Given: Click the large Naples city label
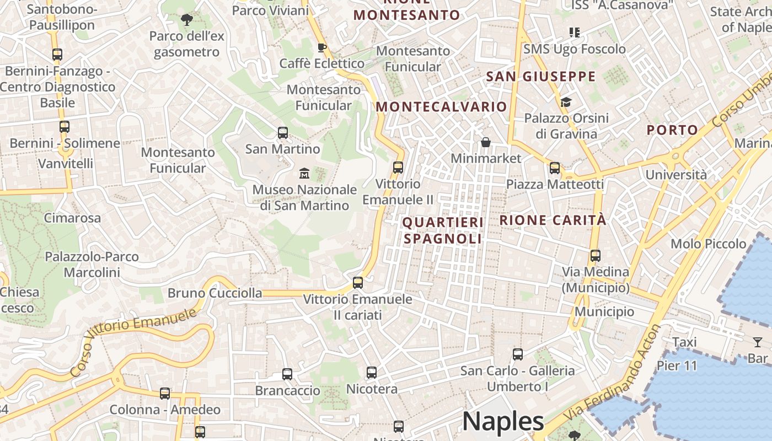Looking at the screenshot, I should click(503, 422).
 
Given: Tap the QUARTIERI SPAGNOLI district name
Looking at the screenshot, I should click(443, 230).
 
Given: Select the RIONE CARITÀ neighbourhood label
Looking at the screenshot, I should click(553, 220).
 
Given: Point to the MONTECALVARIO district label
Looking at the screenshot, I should click(441, 107).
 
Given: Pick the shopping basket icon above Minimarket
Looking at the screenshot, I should click(486, 143).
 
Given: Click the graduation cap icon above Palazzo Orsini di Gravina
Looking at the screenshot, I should click(566, 102).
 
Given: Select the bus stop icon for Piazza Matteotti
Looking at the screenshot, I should click(555, 168).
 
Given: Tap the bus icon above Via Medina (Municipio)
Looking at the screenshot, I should click(595, 256).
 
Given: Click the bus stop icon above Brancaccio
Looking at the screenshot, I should click(287, 374).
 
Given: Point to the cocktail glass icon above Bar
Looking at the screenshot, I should click(758, 342).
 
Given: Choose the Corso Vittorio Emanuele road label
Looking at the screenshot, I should click(133, 342).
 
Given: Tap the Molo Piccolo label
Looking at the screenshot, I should click(708, 244).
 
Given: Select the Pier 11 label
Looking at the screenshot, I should click(677, 365).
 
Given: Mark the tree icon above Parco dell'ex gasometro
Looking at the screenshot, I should click(187, 20).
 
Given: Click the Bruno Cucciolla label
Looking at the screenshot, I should click(215, 293).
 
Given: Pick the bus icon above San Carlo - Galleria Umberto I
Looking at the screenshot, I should click(517, 354).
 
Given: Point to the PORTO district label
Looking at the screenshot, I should click(672, 130).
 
